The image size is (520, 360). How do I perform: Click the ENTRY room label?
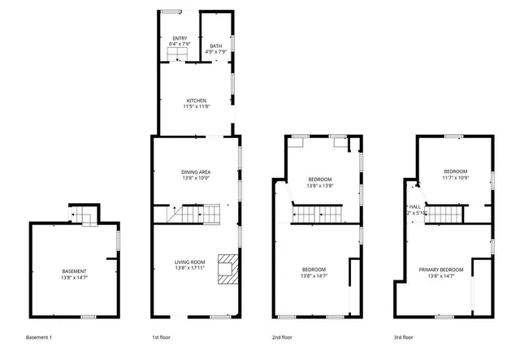click(x=180, y=38)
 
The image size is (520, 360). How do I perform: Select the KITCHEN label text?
click(x=196, y=101)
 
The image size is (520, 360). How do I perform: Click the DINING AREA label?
click(x=196, y=171)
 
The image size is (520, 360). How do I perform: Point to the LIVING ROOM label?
click(x=189, y=262)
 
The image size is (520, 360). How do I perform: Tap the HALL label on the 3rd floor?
click(x=414, y=207)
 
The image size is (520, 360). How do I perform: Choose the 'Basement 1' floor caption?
click(x=39, y=336)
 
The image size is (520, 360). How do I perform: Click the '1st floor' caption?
click(x=162, y=336)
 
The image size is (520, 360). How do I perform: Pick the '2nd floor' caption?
click(x=282, y=336)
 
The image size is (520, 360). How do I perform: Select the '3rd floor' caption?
click(x=404, y=336)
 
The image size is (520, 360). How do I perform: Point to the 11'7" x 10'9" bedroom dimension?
click(x=455, y=177)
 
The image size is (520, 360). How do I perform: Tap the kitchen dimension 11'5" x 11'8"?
click(x=196, y=107)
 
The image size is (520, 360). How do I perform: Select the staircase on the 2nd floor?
click(x=319, y=214)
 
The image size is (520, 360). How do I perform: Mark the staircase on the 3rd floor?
click(x=443, y=215)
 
